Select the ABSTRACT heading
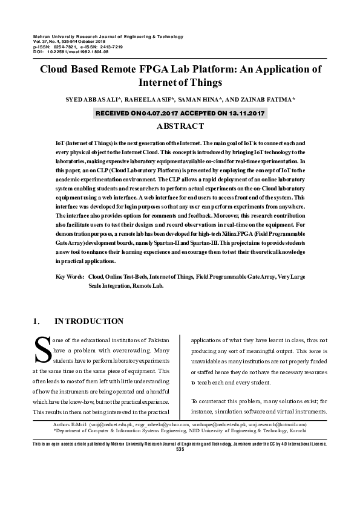pos(180,126)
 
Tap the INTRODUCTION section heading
pos(89,321)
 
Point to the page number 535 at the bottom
pos(180,449)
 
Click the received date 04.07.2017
pos(143,113)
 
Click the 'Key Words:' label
pos(70,276)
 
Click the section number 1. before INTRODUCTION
pos(36,321)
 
